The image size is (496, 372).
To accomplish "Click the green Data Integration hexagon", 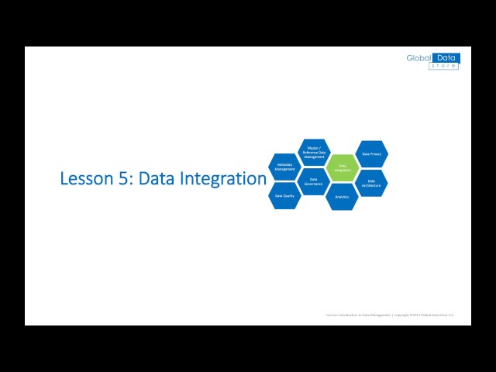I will pos(343,167).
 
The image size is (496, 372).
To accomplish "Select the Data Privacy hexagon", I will pos(371,153).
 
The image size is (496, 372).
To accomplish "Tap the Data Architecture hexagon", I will pos(371,183).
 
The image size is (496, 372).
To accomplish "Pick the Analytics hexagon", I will pos(342,197).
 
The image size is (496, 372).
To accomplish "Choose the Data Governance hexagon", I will pos(313,181).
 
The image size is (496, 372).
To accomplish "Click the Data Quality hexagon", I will pos(284,195).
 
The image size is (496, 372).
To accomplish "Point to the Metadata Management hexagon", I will pos(284,167).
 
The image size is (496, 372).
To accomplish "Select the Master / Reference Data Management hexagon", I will pos(314,153).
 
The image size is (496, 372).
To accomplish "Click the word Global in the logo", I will pos(419,58).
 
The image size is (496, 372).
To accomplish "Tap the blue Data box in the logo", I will pos(446,58).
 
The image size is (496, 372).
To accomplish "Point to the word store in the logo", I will pos(444,66).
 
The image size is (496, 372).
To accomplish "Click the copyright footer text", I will pos(389,315).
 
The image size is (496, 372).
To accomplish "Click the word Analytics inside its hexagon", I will pos(342,197).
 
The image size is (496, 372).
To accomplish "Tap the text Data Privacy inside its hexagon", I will pos(371,154).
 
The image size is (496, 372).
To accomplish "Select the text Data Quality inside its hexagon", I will pos(284,196).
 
